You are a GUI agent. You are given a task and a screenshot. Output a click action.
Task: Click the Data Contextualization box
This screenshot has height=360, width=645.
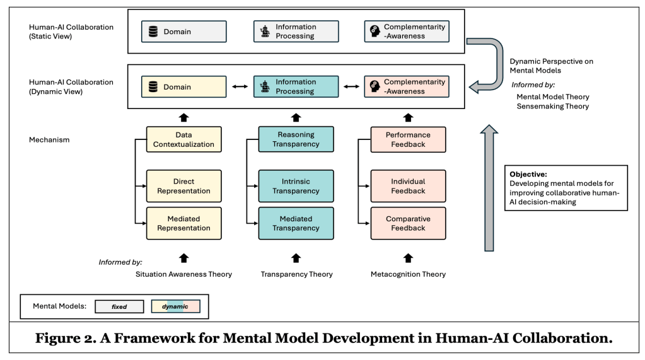pyautogui.click(x=183, y=139)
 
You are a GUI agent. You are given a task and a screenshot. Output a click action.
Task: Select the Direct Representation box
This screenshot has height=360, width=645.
pyautogui.click(x=183, y=186)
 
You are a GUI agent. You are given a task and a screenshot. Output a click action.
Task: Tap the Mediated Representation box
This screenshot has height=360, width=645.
pyautogui.click(x=183, y=223)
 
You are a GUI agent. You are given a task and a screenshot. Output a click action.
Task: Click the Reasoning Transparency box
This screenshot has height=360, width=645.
pyautogui.click(x=296, y=139)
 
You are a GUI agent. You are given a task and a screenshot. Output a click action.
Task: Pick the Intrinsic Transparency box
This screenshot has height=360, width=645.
pyautogui.click(x=296, y=186)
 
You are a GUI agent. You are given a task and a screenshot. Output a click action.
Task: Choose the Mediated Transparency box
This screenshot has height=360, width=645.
pyautogui.click(x=296, y=223)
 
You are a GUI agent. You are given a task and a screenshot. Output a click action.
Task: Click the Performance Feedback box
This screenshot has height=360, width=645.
pyautogui.click(x=408, y=139)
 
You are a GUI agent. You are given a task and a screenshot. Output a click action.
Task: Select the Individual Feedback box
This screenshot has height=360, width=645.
pyautogui.click(x=408, y=186)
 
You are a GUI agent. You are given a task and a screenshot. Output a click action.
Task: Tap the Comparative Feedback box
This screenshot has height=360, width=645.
pyautogui.click(x=408, y=223)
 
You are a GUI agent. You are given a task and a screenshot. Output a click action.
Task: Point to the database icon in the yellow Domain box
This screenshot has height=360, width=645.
pyautogui.click(x=153, y=87)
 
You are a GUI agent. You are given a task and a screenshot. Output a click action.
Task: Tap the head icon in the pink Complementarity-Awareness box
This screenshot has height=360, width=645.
pyautogui.click(x=375, y=87)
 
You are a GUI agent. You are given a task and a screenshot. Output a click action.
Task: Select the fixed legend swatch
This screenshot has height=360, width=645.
pyautogui.click(x=119, y=307)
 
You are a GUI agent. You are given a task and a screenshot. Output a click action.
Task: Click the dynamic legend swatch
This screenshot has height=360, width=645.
pyautogui.click(x=176, y=307)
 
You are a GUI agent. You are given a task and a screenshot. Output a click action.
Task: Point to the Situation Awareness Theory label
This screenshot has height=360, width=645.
pyautogui.click(x=183, y=274)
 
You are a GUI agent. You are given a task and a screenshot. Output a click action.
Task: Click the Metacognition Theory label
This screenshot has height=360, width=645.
pyautogui.click(x=409, y=274)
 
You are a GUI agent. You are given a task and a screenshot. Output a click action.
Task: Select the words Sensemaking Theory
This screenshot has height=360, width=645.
pyautogui.click(x=552, y=107)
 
